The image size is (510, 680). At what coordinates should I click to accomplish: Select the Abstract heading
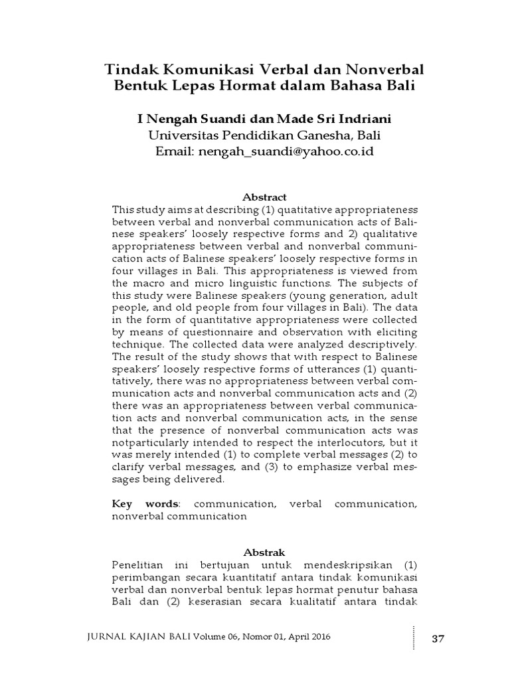(x=264, y=197)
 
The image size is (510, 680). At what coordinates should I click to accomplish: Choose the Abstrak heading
(x=264, y=552)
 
